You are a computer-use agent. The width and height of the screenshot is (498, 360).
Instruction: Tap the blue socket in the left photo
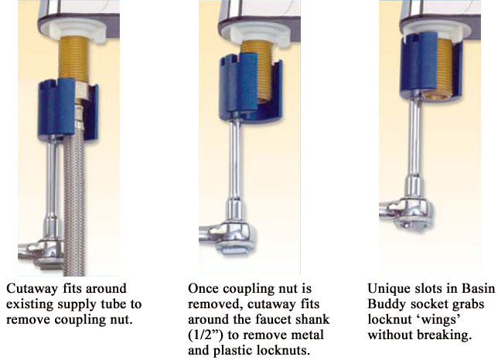[x=67, y=110]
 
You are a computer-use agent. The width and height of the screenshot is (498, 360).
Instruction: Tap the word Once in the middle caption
[x=203, y=289]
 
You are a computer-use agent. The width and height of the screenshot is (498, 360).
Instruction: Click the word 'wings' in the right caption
[x=438, y=319]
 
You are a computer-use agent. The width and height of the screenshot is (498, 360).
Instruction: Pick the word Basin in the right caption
[x=479, y=289]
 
